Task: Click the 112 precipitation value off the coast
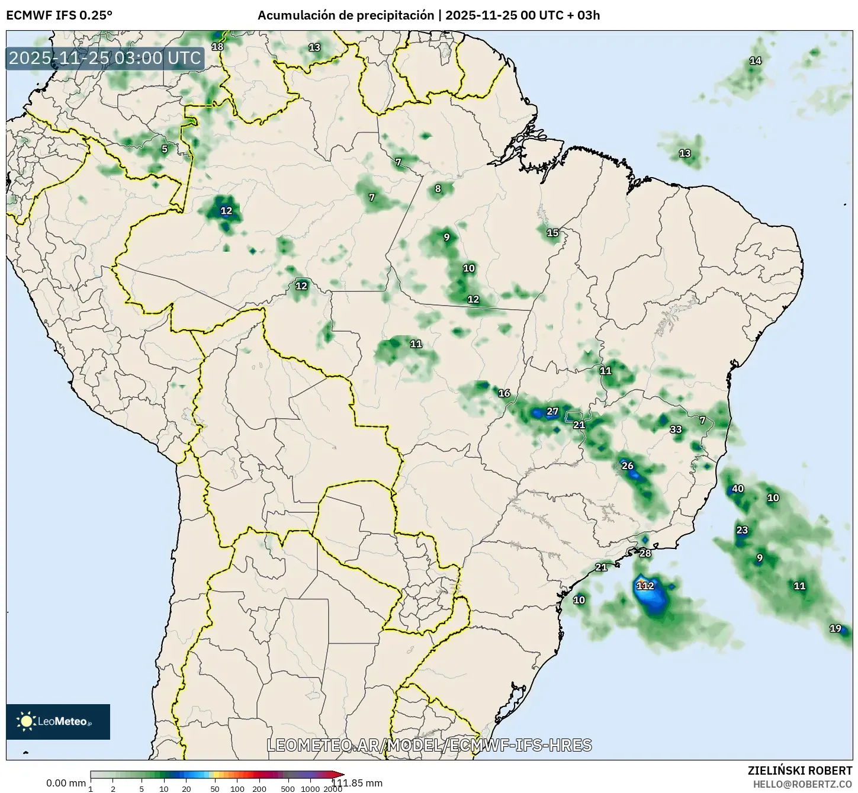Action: click(645, 586)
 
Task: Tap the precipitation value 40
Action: click(738, 489)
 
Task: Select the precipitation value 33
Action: click(676, 429)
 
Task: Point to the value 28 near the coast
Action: click(645, 553)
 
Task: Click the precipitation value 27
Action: click(552, 412)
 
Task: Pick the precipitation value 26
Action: click(628, 465)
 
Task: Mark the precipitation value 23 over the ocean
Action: click(742, 530)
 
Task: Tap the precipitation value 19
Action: click(835, 628)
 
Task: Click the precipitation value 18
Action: click(218, 47)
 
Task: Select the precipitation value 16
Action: click(504, 393)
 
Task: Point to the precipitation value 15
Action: click(552, 233)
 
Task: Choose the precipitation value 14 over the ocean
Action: click(756, 60)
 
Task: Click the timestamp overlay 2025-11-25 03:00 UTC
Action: click(105, 58)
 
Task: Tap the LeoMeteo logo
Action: click(58, 721)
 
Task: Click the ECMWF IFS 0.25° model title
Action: click(59, 15)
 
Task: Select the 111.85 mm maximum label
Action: click(357, 783)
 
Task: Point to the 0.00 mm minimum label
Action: click(66, 783)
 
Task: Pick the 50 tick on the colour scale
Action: click(215, 788)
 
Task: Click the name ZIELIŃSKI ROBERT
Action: click(800, 770)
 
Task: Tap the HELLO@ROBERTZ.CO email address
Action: click(802, 784)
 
